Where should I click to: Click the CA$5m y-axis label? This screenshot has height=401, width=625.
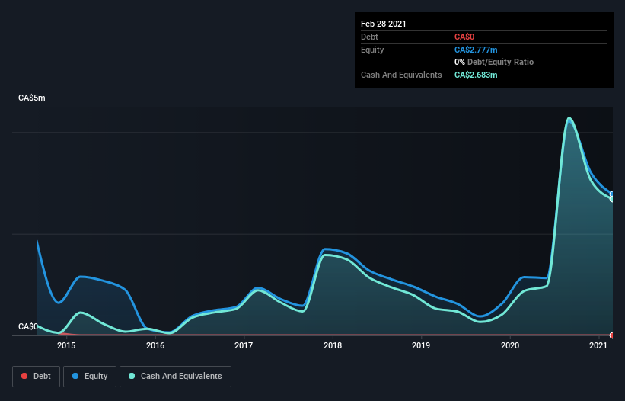[x=31, y=98]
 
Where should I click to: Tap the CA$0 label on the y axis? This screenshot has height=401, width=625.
[x=28, y=326]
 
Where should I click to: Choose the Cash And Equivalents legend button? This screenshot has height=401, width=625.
[x=175, y=376]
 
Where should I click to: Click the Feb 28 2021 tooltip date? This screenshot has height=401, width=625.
[x=384, y=24]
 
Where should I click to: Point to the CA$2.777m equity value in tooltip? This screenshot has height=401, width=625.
[x=476, y=50]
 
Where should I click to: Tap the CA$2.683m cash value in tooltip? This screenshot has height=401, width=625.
[x=476, y=75]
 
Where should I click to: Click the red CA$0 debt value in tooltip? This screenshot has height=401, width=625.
[x=465, y=37]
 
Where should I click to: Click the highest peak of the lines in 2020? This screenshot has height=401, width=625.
[x=569, y=118]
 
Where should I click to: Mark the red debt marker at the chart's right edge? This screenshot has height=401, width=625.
[x=612, y=335]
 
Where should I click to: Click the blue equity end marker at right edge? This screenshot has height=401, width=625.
[x=612, y=194]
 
